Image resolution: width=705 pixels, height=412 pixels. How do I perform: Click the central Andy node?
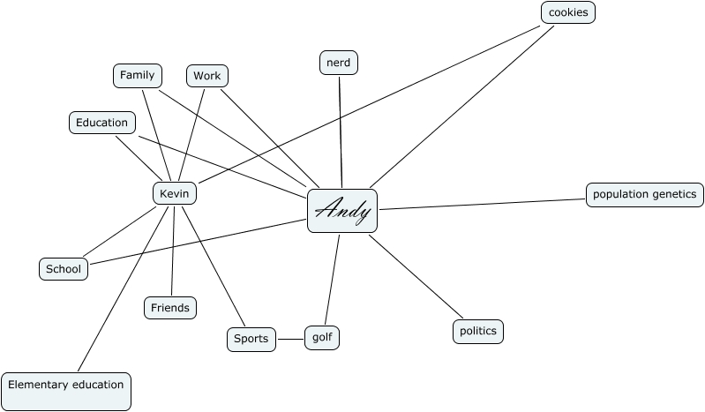(342, 211)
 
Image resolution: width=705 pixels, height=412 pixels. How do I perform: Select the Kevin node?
(175, 193)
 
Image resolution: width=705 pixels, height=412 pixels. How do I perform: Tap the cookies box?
(567, 12)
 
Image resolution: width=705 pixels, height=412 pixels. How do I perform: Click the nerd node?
(339, 63)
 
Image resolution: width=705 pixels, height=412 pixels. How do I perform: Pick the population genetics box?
(644, 194)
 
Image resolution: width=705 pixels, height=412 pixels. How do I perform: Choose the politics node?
(477, 332)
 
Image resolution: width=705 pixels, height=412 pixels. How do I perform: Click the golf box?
(322, 337)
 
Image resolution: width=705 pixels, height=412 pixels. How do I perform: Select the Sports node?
(251, 339)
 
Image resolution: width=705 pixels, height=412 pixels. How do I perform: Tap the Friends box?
(170, 307)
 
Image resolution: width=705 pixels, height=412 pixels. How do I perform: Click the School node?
(64, 269)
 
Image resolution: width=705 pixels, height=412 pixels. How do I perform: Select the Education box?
(101, 123)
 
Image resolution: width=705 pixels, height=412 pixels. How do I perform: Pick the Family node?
(138, 76)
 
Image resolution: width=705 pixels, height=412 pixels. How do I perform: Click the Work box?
(207, 76)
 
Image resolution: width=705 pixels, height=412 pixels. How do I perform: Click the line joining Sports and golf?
(290, 339)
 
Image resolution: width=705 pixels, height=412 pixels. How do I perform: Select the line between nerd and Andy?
(341, 132)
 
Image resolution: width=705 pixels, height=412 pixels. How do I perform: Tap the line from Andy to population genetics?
(482, 202)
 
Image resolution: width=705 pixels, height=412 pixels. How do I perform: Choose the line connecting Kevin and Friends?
(173, 251)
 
